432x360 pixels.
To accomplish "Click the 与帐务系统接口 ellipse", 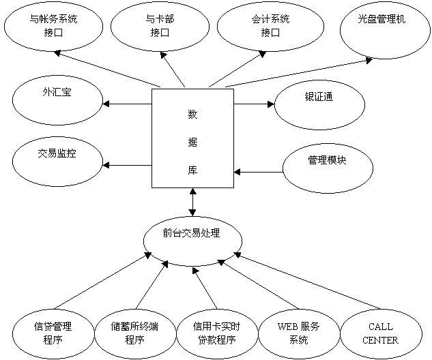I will pos(54,25).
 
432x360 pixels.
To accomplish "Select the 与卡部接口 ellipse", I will pos(160,25).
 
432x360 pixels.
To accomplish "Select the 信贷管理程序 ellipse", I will pos(53,333).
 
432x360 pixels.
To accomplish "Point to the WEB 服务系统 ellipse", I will pos(298,333).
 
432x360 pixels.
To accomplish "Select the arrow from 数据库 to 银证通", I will pos(253,104).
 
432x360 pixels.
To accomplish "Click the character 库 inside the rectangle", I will pos(192,170).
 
